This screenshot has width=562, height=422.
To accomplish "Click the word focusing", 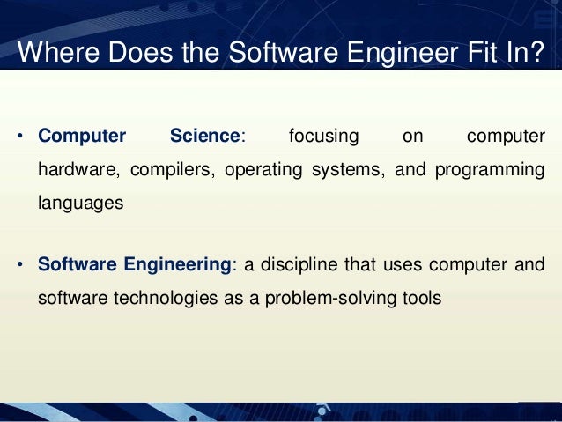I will click(x=324, y=137).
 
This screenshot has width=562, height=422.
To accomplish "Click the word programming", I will click(x=488, y=169).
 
